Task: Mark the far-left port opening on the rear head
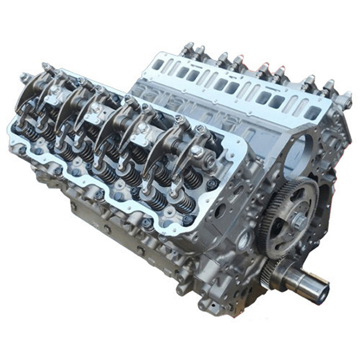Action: (x=158, y=65)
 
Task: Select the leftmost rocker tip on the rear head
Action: (x=188, y=48)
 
